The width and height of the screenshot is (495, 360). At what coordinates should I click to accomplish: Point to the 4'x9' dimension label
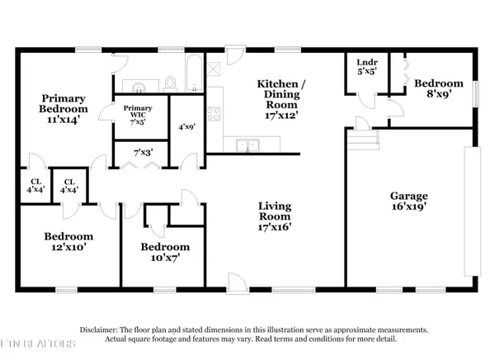(x=186, y=128)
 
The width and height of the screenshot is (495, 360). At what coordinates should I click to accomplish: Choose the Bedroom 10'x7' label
(x=164, y=251)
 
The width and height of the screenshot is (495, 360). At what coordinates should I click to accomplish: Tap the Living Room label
(x=276, y=214)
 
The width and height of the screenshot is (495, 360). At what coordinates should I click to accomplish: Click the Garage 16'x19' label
(x=408, y=201)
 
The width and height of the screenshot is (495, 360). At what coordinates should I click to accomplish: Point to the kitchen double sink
(x=247, y=146)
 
